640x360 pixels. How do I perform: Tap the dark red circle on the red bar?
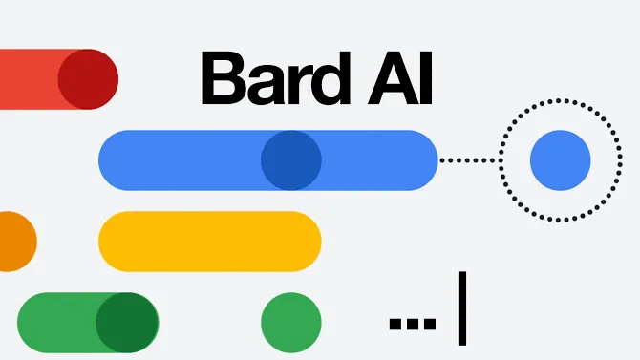coord(88,78)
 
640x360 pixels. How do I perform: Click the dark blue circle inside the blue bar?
coord(291,160)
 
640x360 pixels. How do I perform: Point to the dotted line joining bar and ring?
coord(468,160)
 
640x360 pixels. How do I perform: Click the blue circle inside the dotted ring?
coord(561,160)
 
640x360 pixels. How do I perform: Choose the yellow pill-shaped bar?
coord(209,241)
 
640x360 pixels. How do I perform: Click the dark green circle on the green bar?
coord(127,322)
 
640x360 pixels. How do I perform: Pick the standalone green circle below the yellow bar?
coord(291,322)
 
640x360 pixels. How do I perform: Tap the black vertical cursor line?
coord(462,308)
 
